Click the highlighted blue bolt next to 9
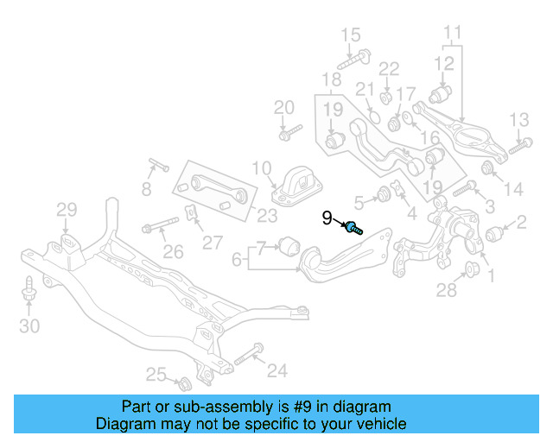point(353,228)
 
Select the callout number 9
point(327,218)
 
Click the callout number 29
point(67,209)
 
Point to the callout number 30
point(29,325)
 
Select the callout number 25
point(155,374)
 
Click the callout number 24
point(276,371)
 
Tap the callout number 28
point(446,291)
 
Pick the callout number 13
point(518,119)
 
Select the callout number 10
point(262,167)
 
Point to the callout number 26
point(174,252)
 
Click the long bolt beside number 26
point(161,228)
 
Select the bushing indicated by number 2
point(495,233)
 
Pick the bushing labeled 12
point(442,93)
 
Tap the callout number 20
point(284,108)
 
